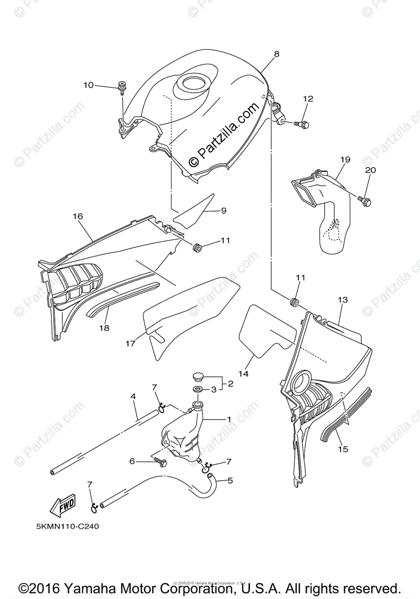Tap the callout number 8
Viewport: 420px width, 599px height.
276,54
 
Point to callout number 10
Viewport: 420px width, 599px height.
88,85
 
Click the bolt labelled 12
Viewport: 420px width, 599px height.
303,123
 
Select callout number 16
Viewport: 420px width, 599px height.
77,217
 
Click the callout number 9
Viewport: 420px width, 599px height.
224,211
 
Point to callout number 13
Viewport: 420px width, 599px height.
342,300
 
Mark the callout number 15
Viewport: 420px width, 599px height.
342,449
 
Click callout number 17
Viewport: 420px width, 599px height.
131,343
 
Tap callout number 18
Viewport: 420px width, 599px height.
104,328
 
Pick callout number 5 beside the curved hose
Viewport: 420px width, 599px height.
230,481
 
